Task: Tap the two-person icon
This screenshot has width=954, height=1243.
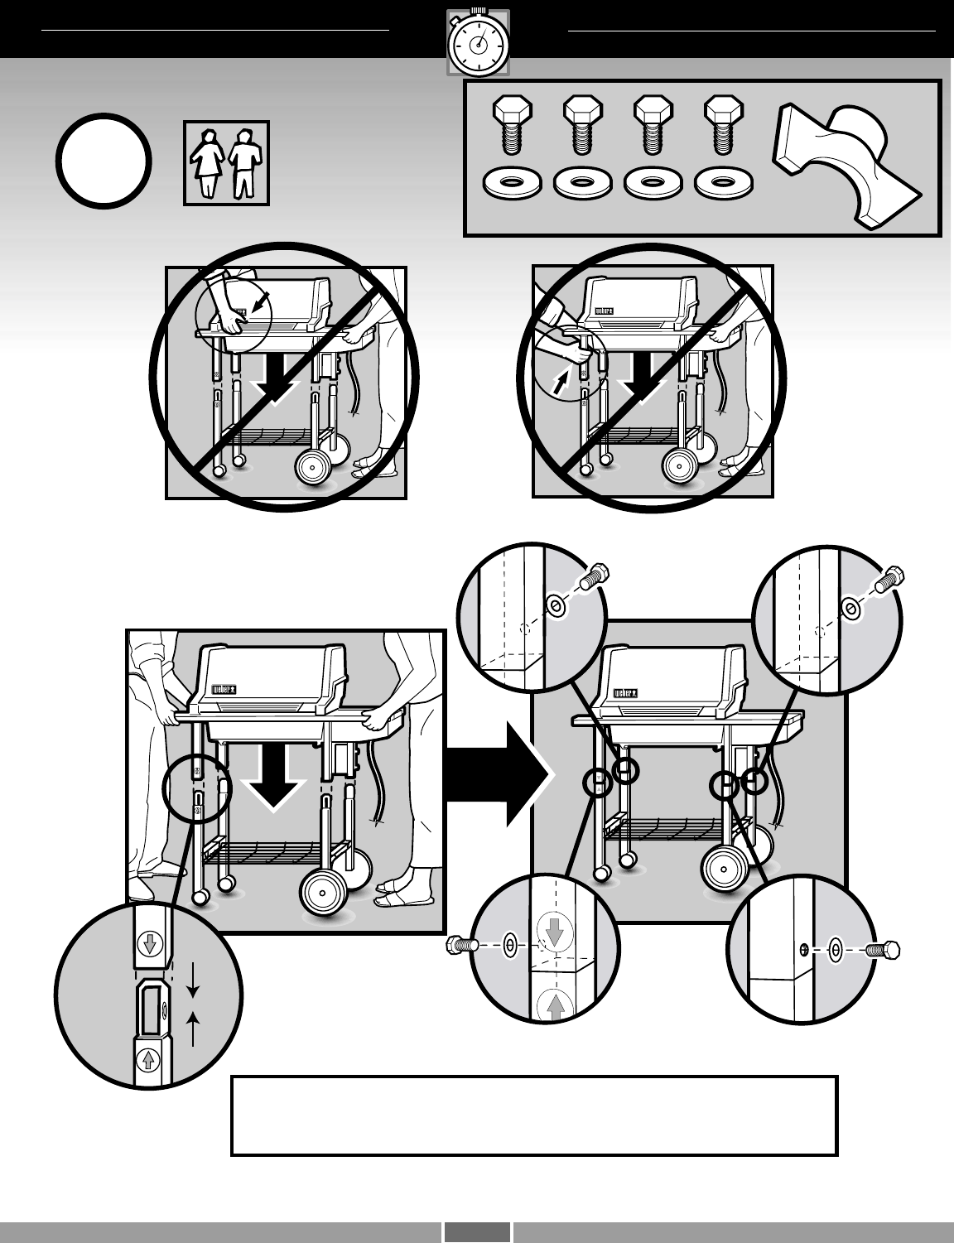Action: coord(227,162)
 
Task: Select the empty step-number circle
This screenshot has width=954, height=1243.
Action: coord(104,161)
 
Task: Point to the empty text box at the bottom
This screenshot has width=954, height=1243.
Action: coord(534,1115)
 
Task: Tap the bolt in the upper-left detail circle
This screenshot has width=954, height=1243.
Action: coord(595,576)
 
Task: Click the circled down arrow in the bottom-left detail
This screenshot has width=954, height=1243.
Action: coord(150,943)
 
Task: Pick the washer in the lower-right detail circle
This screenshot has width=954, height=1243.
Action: coord(836,949)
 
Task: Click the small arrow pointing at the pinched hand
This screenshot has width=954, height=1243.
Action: coord(259,305)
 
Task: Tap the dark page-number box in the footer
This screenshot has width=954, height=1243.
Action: coord(477,1231)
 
